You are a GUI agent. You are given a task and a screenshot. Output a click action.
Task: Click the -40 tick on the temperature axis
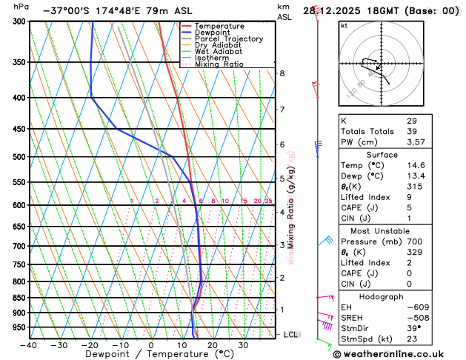(x=29, y=345)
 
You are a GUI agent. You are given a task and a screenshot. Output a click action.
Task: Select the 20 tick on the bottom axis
(x=212, y=345)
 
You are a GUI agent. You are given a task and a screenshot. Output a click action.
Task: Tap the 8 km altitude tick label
(x=282, y=73)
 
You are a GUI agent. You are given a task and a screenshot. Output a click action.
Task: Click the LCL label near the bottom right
(x=292, y=335)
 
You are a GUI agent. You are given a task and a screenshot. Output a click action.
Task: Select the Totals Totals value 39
(x=412, y=131)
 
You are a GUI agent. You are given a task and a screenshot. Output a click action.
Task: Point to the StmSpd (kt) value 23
(x=412, y=340)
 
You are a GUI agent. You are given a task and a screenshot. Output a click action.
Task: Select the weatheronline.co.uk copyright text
(x=397, y=354)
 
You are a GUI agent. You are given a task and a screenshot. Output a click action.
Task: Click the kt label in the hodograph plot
(x=344, y=25)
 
